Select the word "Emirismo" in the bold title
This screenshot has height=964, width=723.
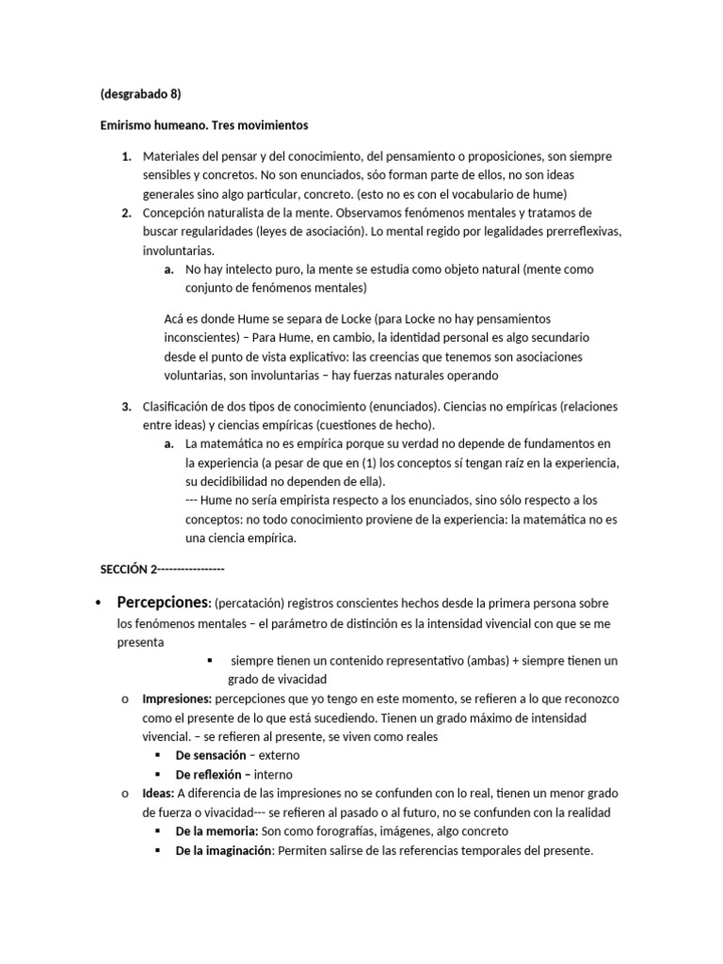[128, 124]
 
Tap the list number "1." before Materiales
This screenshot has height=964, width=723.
[126, 156]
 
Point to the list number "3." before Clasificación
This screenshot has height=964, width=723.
[126, 407]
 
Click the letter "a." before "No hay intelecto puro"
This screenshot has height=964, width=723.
[169, 269]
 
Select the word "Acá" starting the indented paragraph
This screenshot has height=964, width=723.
[174, 319]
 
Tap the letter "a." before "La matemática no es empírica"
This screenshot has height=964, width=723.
[169, 443]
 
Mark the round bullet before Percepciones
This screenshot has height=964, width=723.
[99, 602]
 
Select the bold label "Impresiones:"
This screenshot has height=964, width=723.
[176, 699]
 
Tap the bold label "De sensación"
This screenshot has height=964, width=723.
[211, 755]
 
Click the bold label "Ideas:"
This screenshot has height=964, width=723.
[158, 794]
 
